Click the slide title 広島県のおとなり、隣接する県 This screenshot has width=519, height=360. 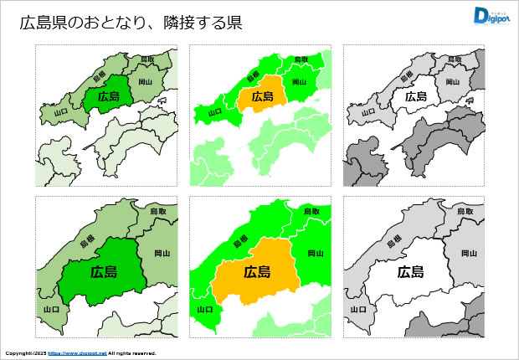coord(131,23)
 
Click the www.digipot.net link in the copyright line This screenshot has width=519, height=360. coord(77,353)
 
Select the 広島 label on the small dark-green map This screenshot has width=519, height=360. coord(109,96)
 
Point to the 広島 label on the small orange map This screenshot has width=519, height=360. coord(263,96)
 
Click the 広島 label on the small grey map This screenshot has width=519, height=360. coord(416,96)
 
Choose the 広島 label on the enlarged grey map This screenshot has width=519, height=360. coord(410,272)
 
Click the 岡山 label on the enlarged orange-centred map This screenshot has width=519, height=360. coord(316,253)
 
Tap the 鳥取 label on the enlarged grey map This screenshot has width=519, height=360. coord(465,212)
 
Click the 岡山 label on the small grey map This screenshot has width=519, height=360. coord(453,82)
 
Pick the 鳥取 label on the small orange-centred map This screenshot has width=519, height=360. coord(301,59)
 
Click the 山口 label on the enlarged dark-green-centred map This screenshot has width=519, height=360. coord(51,309)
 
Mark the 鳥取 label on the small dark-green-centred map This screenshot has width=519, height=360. coord(147,59)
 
